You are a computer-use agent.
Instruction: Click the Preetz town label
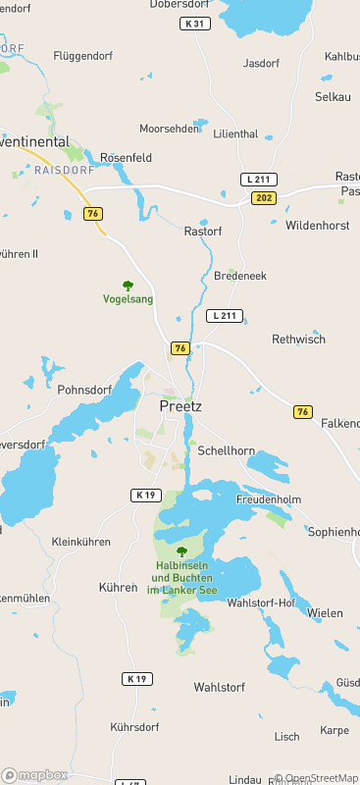click(x=180, y=404)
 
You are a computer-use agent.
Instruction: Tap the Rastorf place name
click(x=203, y=232)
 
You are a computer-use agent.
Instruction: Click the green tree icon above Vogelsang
click(x=128, y=286)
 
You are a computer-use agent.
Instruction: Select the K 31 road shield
click(x=195, y=23)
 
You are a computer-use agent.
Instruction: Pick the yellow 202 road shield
click(x=262, y=198)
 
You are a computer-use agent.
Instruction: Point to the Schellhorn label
click(x=226, y=450)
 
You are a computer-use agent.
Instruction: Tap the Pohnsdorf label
click(x=84, y=390)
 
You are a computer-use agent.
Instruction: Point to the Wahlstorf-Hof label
click(x=261, y=602)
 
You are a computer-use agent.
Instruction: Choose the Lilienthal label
click(x=235, y=133)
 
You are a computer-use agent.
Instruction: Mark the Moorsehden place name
click(x=169, y=129)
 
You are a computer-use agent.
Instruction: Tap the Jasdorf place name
click(x=261, y=63)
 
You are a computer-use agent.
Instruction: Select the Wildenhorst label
click(x=317, y=225)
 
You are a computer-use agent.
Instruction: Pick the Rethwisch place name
click(x=297, y=339)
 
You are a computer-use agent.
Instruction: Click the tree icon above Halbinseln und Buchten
click(x=181, y=551)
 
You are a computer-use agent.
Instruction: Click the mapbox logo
click(x=35, y=774)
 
